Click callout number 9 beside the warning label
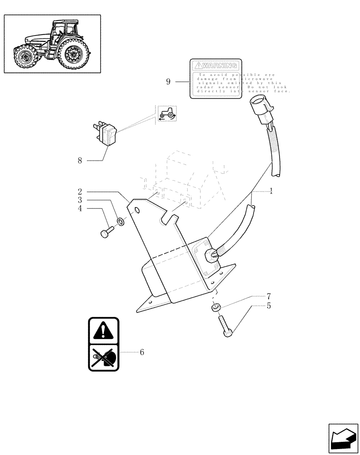(x=168, y=82)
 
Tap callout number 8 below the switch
(x=80, y=160)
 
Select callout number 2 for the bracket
(x=80, y=192)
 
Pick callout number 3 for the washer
(x=80, y=200)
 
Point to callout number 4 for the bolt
(x=80, y=208)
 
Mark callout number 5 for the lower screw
(x=269, y=306)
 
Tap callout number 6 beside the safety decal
(x=142, y=352)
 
